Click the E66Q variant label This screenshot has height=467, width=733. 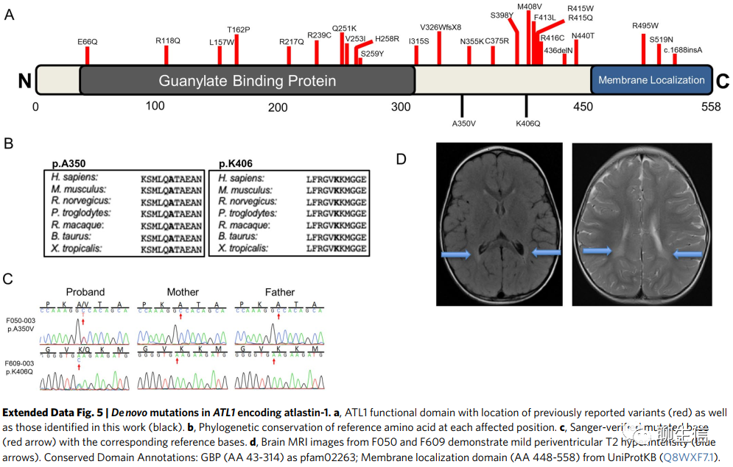pos(87,42)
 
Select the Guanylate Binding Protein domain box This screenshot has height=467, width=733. pos(247,80)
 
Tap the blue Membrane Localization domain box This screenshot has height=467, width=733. pos(651,79)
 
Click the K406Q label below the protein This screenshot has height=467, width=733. pos(528,123)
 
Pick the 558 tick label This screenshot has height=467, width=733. pos(710,107)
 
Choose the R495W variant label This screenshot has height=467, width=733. pos(645,26)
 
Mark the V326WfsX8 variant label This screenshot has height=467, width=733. pos(441,27)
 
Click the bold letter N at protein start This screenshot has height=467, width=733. pos(24,81)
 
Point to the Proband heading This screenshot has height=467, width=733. pos(85,292)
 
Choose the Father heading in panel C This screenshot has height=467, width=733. pos(279,292)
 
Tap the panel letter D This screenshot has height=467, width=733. pos(401,158)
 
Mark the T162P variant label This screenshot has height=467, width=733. pos(239,29)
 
